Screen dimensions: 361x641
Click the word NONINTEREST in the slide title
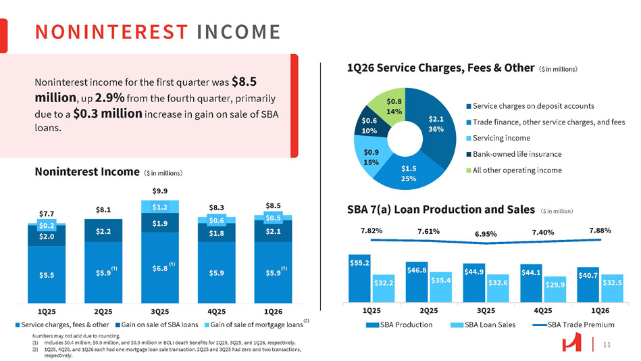(x=112, y=32)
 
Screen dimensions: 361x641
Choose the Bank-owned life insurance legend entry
(x=516, y=154)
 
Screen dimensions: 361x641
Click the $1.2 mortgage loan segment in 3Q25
(x=160, y=207)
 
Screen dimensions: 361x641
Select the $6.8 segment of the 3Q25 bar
(x=160, y=268)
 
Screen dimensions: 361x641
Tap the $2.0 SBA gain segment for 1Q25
(x=47, y=236)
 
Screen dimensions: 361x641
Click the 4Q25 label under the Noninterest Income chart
(x=217, y=312)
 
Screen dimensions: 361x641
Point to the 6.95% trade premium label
(x=486, y=234)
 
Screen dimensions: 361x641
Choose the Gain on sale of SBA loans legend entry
(x=159, y=325)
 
